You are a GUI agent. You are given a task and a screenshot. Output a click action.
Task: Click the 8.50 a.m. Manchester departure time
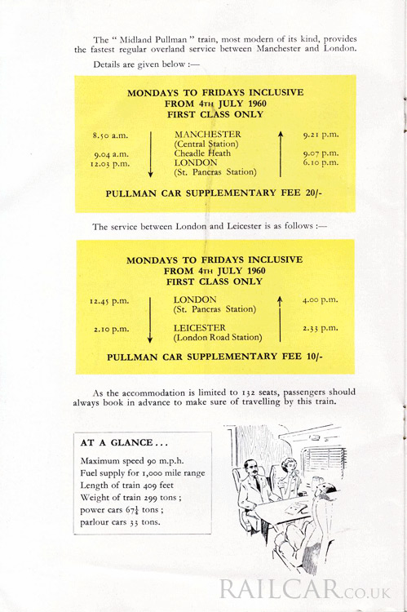point(110,135)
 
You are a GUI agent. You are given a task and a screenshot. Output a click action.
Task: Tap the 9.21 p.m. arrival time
point(321,135)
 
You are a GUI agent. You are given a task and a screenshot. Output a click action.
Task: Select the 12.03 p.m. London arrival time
point(109,164)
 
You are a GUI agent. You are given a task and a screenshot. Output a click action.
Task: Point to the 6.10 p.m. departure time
point(321,162)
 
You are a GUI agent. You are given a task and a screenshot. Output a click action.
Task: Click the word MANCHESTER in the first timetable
point(208,135)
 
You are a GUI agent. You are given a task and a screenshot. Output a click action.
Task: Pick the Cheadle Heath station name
point(202,153)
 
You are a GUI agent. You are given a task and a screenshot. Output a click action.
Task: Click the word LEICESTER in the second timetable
point(199,328)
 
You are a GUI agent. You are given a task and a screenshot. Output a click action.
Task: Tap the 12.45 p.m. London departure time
point(109,302)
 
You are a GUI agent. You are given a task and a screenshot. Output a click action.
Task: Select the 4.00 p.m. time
point(320,300)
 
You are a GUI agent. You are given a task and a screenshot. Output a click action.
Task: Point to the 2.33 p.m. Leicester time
point(321,328)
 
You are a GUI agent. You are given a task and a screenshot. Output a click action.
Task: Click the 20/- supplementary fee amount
point(314,193)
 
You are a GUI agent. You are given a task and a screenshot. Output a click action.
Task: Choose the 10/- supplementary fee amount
point(315,357)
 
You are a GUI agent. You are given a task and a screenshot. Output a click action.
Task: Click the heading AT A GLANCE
point(124,443)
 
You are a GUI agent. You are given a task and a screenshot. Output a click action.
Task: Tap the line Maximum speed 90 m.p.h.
point(132,461)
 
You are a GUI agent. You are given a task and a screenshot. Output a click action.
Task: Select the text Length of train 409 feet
point(126,486)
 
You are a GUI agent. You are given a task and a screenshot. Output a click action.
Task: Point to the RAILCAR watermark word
point(279,589)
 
